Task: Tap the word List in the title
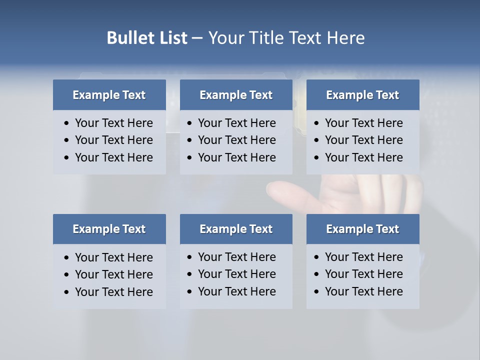[x=171, y=38]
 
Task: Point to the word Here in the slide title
[x=345, y=38]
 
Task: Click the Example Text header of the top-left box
[x=109, y=95]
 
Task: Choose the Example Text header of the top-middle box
[x=236, y=95]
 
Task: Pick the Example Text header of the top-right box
[x=362, y=95]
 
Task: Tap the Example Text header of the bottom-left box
[x=109, y=229]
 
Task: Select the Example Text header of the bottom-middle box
[x=236, y=229]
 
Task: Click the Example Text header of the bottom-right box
[x=362, y=229]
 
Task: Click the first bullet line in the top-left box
[x=113, y=123]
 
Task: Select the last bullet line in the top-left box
[x=113, y=157]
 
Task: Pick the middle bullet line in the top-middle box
[x=236, y=140]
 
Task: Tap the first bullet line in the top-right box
[x=363, y=123]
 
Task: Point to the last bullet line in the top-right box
[x=363, y=157]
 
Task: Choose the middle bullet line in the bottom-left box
[x=113, y=274]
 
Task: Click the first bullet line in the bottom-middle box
[x=236, y=257]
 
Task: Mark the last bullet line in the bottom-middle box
[x=236, y=291]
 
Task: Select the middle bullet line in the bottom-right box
[x=363, y=274]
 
